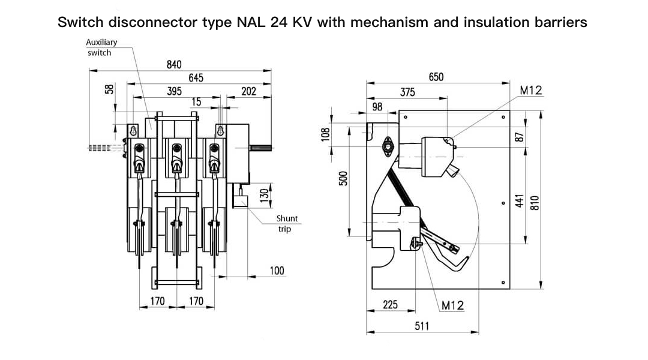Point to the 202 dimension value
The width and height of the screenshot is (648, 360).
[248, 91]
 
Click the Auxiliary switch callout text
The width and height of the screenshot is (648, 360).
[101, 47]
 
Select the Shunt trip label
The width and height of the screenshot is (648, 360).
[286, 224]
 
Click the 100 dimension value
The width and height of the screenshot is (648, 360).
[277, 271]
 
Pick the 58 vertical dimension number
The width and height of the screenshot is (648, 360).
[109, 88]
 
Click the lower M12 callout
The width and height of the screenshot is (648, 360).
[452, 305]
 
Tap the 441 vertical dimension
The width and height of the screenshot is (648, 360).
[520, 201]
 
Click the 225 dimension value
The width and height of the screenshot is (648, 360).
[391, 305]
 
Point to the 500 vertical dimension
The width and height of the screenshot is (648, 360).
[343, 178]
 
